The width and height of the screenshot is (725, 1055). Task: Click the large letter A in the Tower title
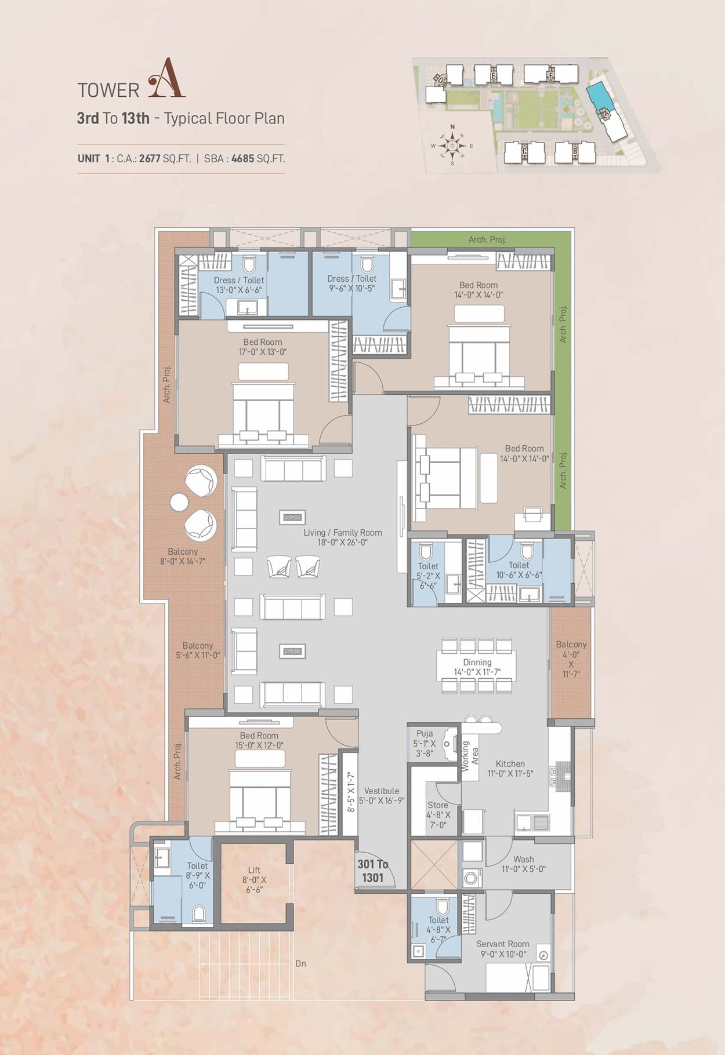coord(166,78)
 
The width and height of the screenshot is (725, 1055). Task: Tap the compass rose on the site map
coord(452,145)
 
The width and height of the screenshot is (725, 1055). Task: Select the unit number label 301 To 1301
coord(372,871)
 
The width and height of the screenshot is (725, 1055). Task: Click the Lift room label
coord(254,879)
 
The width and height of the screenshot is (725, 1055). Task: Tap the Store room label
coord(438,814)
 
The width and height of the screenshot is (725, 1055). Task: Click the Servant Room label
coord(503,948)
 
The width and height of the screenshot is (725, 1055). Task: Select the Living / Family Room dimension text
coord(342,543)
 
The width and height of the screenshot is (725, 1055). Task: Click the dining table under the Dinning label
coord(477,667)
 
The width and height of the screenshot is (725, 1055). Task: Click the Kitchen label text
coord(510,764)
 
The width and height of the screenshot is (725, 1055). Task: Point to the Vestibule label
coord(382,791)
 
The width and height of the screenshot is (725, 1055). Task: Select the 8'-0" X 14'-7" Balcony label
coord(183,556)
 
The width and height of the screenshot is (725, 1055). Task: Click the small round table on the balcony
coord(179,502)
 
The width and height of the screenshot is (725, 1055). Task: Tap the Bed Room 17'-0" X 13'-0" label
coord(263,347)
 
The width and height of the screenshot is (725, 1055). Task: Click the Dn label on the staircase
coord(300,963)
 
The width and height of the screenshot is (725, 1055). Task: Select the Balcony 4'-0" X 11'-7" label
coord(571,659)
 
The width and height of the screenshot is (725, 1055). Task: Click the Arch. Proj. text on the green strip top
coord(487,239)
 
